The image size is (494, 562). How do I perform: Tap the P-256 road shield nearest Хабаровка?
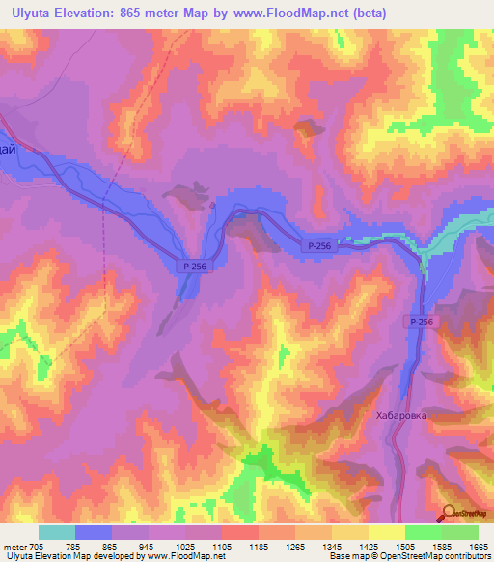[x=421, y=323]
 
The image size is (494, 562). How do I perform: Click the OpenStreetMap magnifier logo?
[x=450, y=514]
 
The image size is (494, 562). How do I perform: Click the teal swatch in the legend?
[x=57, y=532]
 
